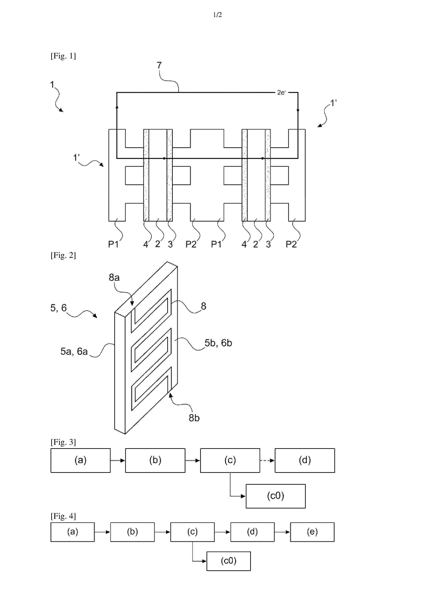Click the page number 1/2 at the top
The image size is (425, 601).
[217, 15]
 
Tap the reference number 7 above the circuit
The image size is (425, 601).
[159, 65]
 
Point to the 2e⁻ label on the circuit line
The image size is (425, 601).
[282, 92]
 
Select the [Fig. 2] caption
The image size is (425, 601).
[63, 255]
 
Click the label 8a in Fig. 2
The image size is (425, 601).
[114, 278]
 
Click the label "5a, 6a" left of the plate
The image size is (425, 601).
[74, 351]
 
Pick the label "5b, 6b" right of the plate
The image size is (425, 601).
[218, 343]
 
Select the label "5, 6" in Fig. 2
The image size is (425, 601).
[58, 308]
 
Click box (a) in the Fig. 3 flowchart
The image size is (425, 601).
[80, 461]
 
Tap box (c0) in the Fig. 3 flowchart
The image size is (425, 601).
[275, 496]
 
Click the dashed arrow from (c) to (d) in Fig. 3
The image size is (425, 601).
[267, 461]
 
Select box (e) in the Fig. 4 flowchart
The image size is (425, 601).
[312, 532]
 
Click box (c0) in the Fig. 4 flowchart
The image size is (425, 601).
[229, 561]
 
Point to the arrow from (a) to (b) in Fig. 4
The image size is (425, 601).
[102, 532]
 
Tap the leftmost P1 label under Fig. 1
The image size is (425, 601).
[113, 244]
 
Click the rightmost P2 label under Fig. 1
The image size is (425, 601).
[291, 244]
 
